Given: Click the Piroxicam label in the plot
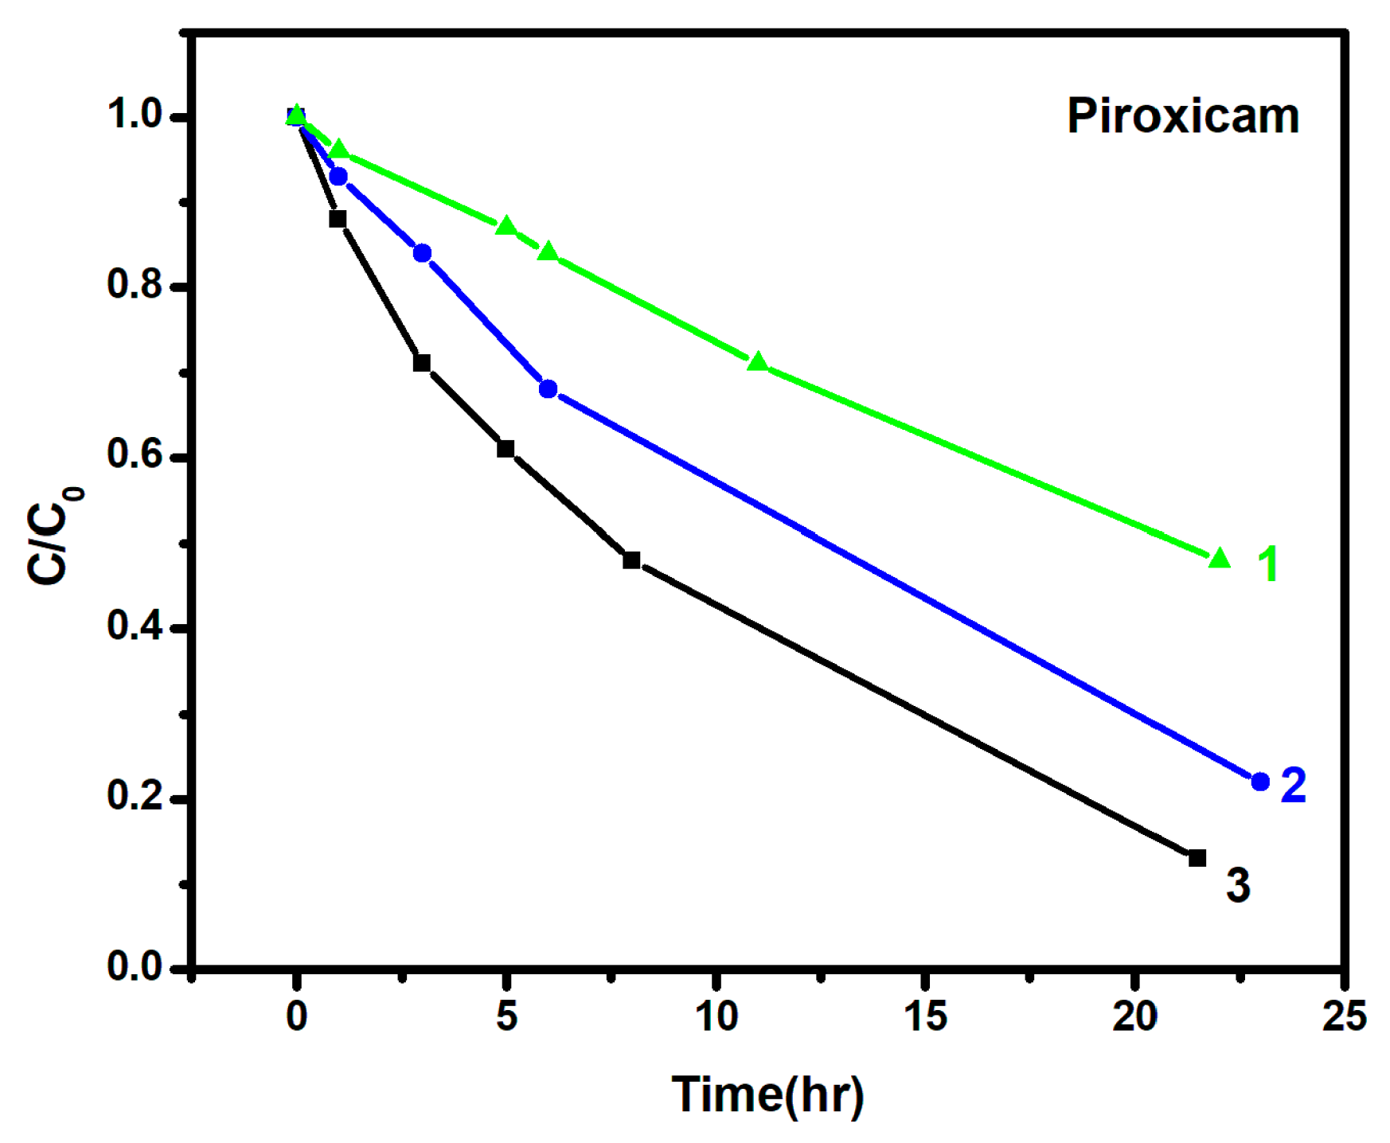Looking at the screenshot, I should [x=1182, y=117].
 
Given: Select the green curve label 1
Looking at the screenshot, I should [x=1267, y=564].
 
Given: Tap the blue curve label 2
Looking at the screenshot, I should [x=1294, y=785].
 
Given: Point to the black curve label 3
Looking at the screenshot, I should [x=1238, y=885].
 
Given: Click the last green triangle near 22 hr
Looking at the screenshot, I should [x=1219, y=558].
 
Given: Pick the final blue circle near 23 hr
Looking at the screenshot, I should [x=1260, y=782].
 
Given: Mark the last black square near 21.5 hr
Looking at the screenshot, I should [x=1197, y=858].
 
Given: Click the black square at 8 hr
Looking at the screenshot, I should [x=631, y=560].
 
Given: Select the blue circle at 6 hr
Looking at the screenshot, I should [x=548, y=389].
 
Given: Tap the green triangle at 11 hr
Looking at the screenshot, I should [x=757, y=362].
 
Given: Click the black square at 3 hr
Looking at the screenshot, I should [x=422, y=363].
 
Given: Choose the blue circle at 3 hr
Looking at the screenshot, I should [x=422, y=253].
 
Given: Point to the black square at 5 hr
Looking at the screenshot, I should [x=506, y=449].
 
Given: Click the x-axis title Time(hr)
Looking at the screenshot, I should [x=767, y=1094].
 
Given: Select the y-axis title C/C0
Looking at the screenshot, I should [x=54, y=535].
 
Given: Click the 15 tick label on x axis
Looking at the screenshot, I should [x=925, y=1016].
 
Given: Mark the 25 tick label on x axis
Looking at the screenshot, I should [x=1344, y=1016].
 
